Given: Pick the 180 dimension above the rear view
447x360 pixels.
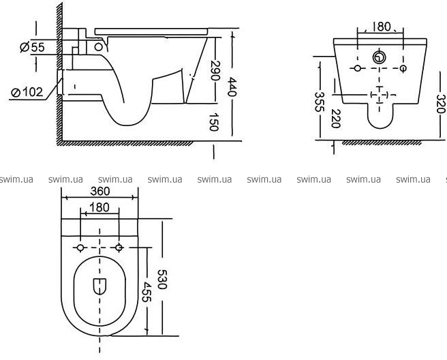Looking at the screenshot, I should [382, 27].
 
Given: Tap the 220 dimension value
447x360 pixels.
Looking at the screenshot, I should [335, 119].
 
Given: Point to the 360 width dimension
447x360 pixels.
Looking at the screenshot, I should [101, 193].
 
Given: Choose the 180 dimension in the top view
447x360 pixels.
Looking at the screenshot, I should [99, 207].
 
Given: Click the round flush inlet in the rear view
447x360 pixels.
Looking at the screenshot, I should [378, 57].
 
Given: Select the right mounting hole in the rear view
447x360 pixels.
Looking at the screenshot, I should [404, 70].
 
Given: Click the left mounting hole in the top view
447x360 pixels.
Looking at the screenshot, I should [80, 246].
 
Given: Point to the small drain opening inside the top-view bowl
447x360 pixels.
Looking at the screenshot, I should [100, 286].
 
